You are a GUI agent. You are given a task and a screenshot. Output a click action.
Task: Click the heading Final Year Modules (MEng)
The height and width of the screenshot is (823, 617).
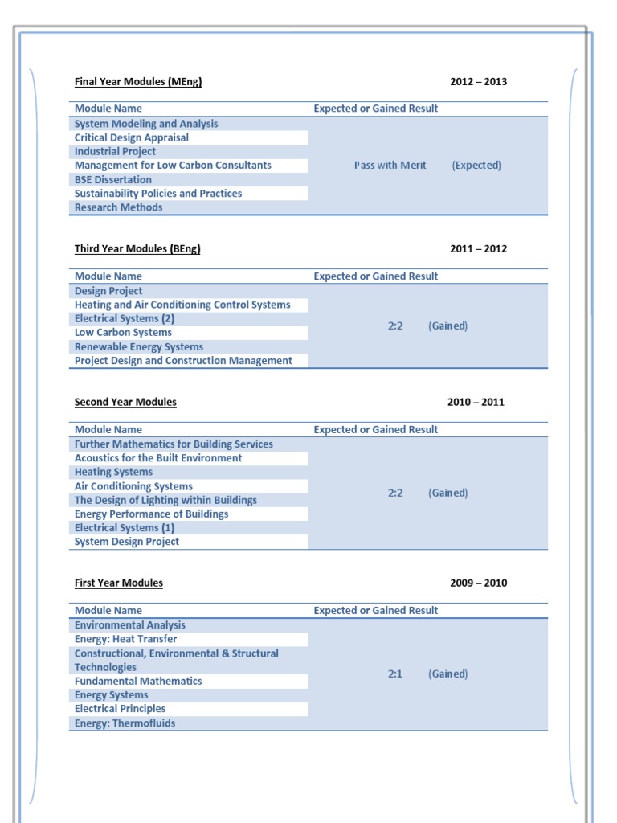point(137,81)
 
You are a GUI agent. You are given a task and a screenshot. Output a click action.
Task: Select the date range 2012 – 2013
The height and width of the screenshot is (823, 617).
point(478,81)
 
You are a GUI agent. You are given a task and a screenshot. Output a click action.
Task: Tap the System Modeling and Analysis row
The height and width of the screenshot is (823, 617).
point(146,124)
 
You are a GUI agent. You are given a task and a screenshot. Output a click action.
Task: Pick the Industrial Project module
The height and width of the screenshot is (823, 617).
point(115,151)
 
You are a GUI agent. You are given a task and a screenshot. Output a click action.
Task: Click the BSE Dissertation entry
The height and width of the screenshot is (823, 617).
point(112,179)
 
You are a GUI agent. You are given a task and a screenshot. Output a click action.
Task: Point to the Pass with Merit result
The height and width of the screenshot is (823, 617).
point(390,165)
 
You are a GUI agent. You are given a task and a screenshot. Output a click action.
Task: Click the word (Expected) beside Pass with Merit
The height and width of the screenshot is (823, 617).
point(476,165)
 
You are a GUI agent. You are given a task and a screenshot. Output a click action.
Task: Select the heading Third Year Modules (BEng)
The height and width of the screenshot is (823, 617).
point(137,248)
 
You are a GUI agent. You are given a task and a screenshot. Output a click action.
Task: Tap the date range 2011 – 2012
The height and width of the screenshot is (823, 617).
point(478,248)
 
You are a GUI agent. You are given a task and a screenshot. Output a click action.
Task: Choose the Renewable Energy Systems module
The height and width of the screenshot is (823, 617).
point(138,346)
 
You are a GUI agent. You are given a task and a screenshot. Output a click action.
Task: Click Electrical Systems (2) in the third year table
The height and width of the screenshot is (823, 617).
point(125,318)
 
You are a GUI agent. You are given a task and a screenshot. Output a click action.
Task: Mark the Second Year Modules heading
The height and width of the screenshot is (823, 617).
point(125,402)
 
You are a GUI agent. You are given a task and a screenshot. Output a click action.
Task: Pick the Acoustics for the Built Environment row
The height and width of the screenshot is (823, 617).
point(157,458)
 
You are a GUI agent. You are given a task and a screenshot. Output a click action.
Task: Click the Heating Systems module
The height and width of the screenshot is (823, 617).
point(113,472)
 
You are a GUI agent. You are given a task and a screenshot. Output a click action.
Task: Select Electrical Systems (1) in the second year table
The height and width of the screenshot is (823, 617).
point(125,527)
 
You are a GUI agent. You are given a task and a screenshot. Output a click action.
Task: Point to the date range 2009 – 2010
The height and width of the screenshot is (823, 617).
point(478,583)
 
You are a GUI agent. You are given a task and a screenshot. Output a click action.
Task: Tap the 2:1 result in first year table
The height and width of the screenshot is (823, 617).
point(394,674)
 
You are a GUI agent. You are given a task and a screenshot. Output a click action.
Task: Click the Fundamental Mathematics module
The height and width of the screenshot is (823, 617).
point(138,681)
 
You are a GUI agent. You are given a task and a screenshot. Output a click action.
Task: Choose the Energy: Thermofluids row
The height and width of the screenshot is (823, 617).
point(125,723)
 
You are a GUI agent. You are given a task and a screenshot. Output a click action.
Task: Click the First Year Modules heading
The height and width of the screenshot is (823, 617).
point(118,583)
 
